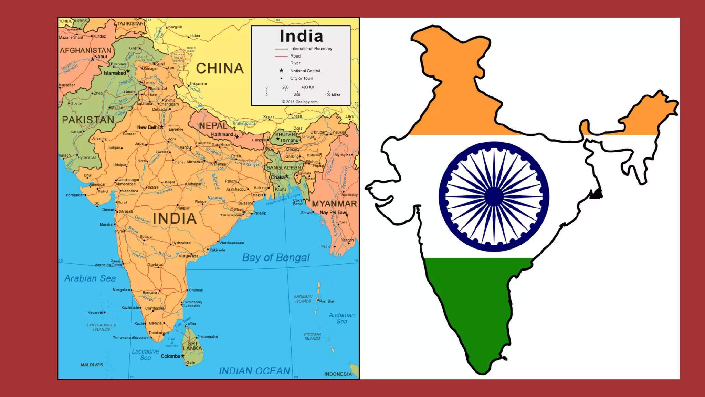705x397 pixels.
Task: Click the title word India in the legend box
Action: [x=301, y=36]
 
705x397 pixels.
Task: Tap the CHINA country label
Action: [x=220, y=69]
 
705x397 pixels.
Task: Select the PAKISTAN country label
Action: [x=88, y=120]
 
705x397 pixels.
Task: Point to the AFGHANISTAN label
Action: [x=85, y=51]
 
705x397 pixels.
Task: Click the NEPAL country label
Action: [x=213, y=126]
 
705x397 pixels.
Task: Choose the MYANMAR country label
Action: [x=334, y=204]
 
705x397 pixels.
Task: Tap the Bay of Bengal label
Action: [x=276, y=257]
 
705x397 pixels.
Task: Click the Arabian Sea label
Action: [x=90, y=278]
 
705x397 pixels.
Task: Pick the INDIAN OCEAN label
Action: [x=254, y=371]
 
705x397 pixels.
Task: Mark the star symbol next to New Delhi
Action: [x=161, y=127]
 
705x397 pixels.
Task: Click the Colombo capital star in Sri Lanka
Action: [x=183, y=356]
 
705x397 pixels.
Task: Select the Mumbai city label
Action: [x=106, y=225]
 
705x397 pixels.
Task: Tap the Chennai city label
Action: [x=196, y=290]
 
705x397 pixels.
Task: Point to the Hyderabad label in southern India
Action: [x=181, y=243]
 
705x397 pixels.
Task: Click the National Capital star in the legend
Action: [x=281, y=70]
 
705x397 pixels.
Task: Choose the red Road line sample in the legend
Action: [x=281, y=56]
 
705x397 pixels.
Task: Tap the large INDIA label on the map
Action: [x=175, y=219]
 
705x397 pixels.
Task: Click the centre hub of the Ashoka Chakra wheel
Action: [x=494, y=197]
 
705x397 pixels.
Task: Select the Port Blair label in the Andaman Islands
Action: [x=327, y=301]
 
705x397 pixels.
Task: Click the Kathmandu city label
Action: [x=223, y=134]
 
